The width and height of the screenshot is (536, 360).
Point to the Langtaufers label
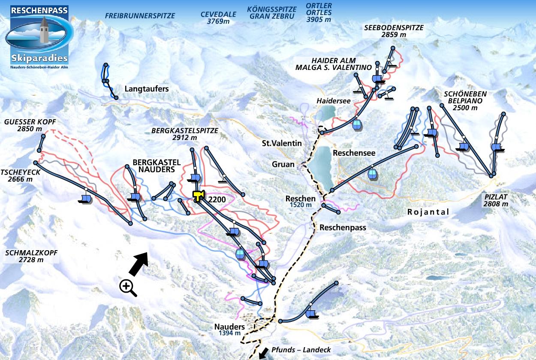point(147,89)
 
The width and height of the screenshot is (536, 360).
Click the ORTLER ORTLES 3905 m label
point(319,12)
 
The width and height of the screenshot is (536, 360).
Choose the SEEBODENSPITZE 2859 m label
point(393,31)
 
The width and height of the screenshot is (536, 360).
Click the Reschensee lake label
point(354,153)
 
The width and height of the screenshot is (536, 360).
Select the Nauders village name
point(229,327)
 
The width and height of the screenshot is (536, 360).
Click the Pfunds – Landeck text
point(301,350)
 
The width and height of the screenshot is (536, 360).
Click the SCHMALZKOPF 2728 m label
point(31,256)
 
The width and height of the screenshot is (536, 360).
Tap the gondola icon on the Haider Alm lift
point(357,125)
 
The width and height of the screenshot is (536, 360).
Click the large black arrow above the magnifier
point(139,263)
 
